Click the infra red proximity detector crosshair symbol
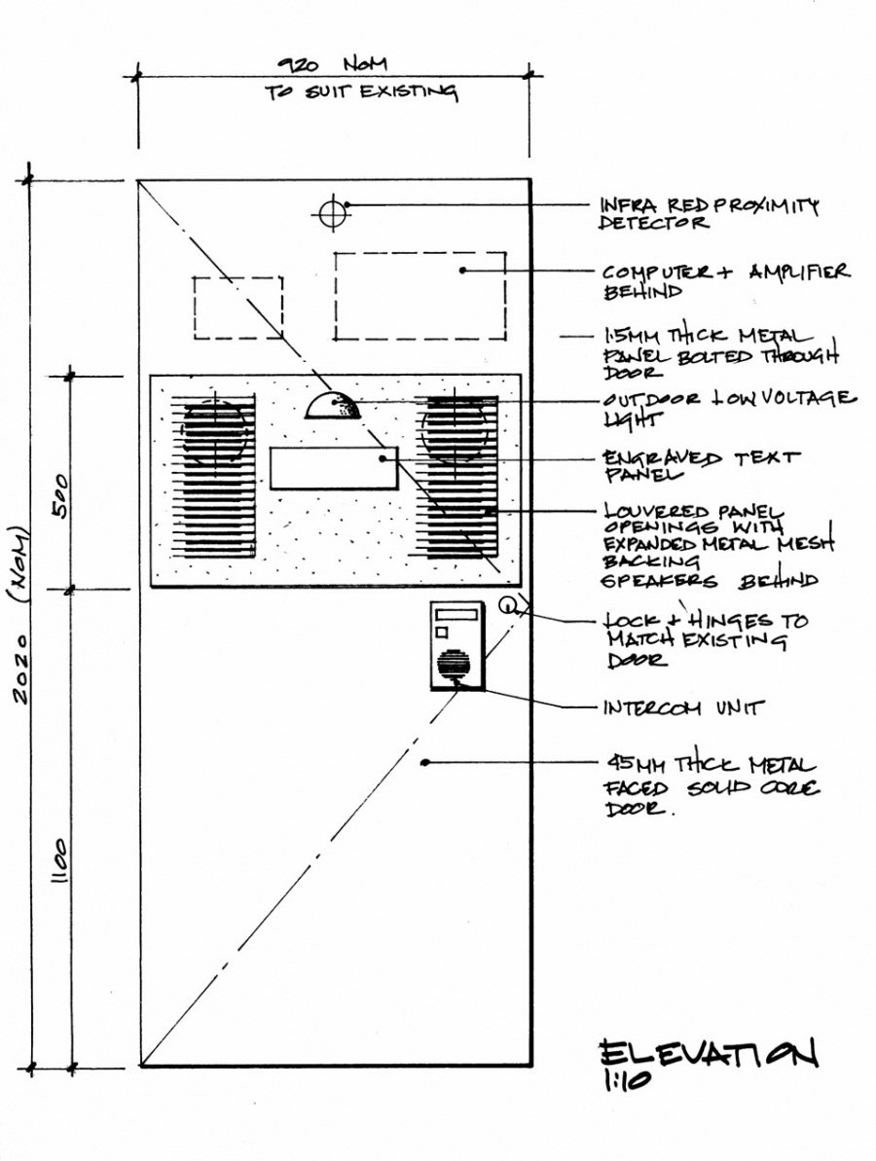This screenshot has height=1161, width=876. (333, 214)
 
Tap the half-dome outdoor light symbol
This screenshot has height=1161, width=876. (333, 406)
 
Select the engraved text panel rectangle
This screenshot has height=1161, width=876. (334, 468)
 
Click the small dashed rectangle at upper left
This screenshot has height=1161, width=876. (238, 308)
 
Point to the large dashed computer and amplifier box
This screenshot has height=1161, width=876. (420, 296)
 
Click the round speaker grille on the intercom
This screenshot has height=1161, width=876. (454, 665)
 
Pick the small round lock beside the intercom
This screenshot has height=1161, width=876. (506, 605)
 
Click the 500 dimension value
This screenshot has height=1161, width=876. (60, 497)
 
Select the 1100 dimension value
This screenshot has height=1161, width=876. (59, 861)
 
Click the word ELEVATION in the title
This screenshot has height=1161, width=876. (709, 1053)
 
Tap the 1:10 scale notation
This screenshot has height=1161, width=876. (627, 1082)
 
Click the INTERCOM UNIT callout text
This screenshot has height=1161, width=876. (682, 707)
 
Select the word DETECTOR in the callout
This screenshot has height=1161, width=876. (654, 223)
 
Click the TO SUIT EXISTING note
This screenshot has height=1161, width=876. (361, 91)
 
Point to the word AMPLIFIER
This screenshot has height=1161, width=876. (799, 272)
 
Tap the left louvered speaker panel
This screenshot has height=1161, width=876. (214, 475)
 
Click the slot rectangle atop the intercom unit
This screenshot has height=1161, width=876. (456, 614)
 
